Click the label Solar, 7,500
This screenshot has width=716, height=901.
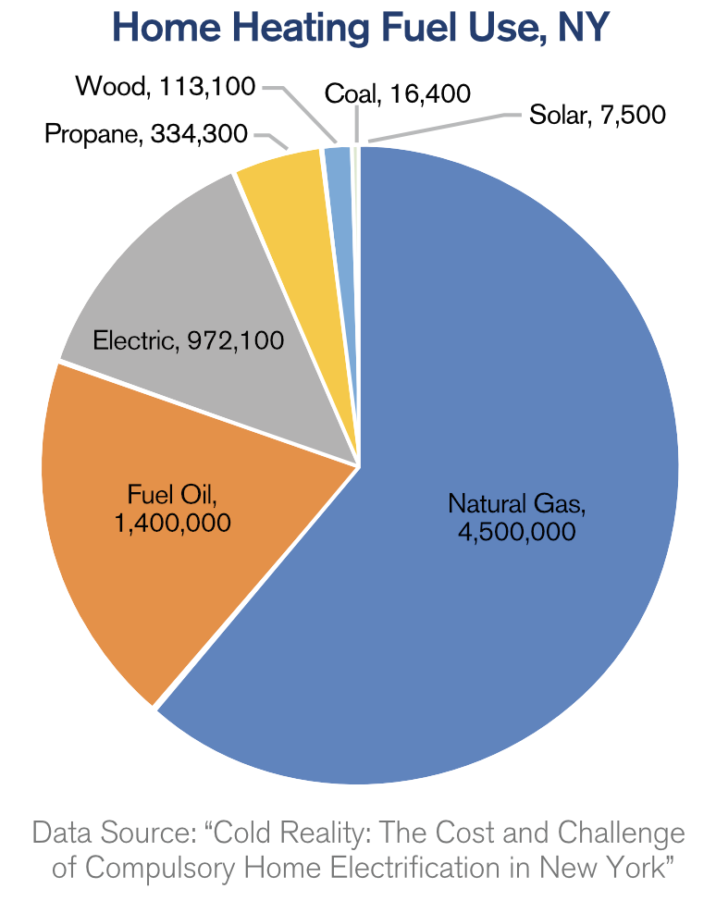click(x=597, y=116)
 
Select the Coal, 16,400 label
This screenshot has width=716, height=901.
click(x=398, y=93)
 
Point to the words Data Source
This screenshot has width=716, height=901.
click(x=107, y=833)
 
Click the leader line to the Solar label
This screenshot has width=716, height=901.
click(x=444, y=128)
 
